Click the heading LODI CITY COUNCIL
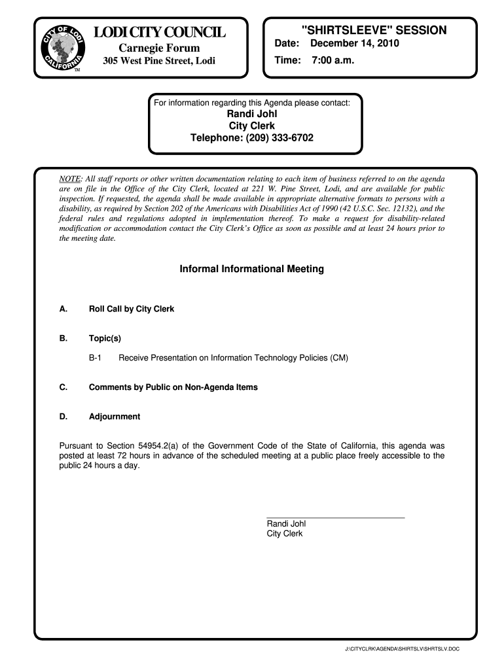tap(159, 33)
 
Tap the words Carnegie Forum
tap(159, 48)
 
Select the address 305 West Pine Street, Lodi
tap(159, 62)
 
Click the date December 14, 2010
tap(354, 44)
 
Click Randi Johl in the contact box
tap(252, 114)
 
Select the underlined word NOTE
tap(70, 179)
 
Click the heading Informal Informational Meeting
tap(252, 269)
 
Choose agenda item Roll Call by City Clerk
tap(132, 309)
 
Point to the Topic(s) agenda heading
tap(105, 338)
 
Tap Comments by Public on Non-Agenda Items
tap(173, 387)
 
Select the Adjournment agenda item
tap(115, 416)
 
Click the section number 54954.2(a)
tap(185, 446)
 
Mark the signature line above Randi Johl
tap(336, 518)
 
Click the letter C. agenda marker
tap(63, 387)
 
